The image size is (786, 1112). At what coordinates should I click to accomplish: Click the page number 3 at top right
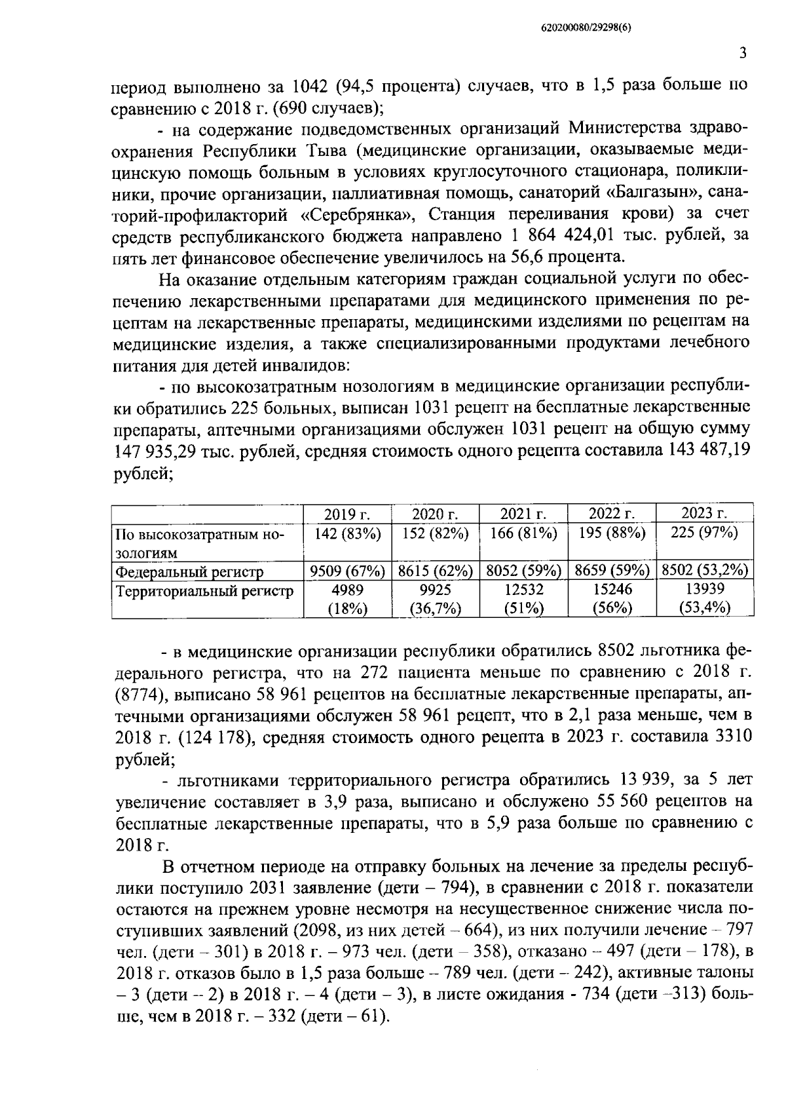click(x=742, y=54)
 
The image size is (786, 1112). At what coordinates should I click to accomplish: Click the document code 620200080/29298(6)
click(x=587, y=28)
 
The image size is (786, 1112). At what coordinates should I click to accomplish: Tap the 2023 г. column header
click(x=704, y=513)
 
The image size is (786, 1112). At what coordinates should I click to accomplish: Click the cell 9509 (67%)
click(x=347, y=571)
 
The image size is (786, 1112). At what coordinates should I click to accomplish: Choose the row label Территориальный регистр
click(x=204, y=591)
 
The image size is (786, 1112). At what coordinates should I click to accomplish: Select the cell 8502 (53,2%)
click(x=704, y=571)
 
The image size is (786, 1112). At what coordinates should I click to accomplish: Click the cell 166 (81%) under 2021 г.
click(x=523, y=533)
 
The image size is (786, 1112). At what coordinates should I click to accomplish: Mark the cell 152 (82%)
click(x=435, y=533)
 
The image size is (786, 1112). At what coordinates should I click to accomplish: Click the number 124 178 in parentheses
click(x=215, y=737)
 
